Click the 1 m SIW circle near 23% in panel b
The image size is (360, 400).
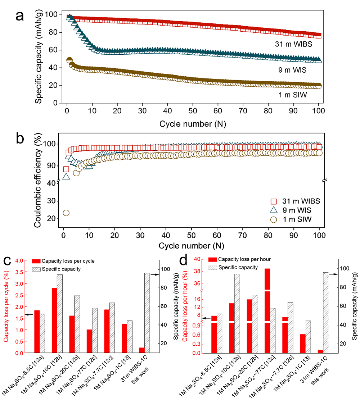[66, 213]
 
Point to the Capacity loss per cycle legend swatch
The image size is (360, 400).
[37, 261]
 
